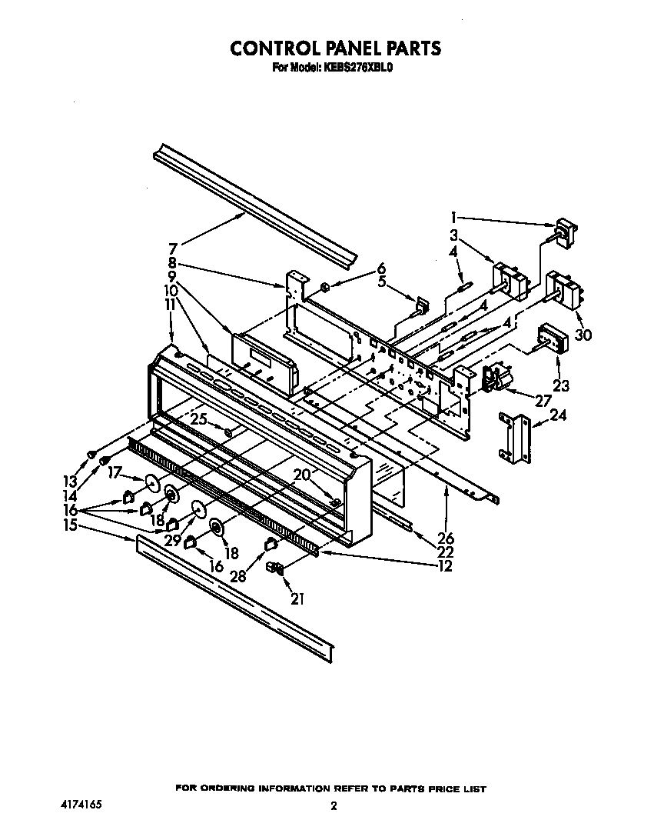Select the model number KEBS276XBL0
360,68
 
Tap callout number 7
173,248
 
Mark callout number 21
297,598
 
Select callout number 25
198,419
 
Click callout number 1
454,216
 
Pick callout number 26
446,538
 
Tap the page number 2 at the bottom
334,806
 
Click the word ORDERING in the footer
231,788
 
